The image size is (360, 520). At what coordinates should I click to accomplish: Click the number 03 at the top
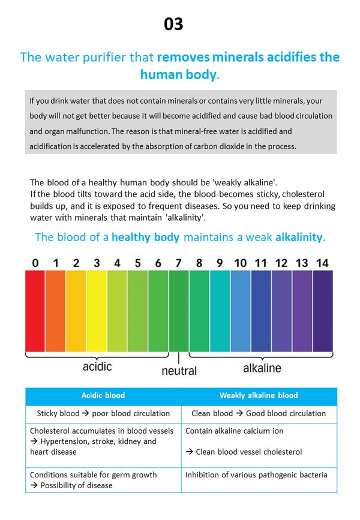tap(173, 24)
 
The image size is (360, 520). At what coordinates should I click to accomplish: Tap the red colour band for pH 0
tap(35, 310)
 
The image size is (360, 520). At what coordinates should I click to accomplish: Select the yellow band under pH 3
tap(97, 310)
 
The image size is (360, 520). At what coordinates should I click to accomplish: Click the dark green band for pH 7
tap(179, 310)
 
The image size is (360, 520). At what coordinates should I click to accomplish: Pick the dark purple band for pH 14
tap(323, 310)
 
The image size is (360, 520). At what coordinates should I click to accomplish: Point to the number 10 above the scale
tap(240, 263)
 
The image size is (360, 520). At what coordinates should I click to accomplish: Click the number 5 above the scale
tap(137, 263)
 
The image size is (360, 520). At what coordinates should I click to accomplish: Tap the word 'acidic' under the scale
tap(97, 366)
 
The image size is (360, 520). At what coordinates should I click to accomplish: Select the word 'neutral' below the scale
tap(179, 371)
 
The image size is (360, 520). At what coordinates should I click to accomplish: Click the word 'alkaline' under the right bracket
tap(262, 367)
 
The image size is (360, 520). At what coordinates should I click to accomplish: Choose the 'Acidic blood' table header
tap(103, 395)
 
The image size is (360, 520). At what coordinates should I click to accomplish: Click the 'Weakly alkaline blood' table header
tap(259, 395)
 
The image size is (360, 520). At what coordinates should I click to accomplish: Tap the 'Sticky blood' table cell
tap(103, 413)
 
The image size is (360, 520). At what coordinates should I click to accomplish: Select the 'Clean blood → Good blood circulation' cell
tap(259, 413)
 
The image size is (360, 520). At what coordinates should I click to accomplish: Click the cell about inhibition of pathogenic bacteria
tap(257, 475)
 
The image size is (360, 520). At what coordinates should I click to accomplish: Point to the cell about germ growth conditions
tap(94, 480)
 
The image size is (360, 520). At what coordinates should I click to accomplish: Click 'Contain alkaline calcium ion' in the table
tap(235, 431)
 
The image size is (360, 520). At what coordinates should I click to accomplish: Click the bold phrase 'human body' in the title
tap(178, 75)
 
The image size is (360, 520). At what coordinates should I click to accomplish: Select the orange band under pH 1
tap(55, 310)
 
